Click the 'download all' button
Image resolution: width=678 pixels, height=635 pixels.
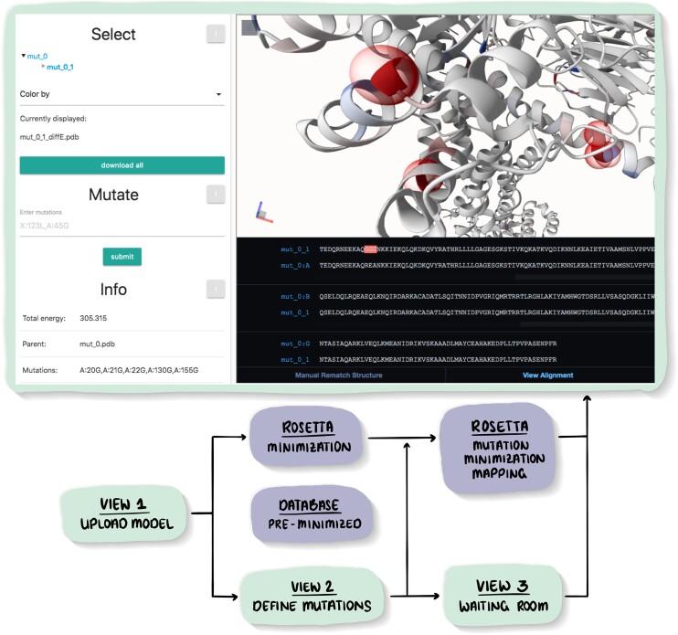pos(122,165)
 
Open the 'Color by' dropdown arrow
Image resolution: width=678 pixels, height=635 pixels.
pos(218,94)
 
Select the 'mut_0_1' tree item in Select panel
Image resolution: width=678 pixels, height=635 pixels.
pos(60,67)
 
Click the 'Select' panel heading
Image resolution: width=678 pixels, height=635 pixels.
pos(113,35)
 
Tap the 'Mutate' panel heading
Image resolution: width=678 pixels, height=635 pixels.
pos(113,195)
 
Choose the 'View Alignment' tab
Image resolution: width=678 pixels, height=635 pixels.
pos(547,375)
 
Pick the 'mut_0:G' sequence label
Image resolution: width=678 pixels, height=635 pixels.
pos(296,343)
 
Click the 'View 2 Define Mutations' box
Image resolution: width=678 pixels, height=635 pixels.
pos(312,595)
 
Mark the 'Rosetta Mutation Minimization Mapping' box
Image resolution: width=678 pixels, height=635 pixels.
pos(499,450)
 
